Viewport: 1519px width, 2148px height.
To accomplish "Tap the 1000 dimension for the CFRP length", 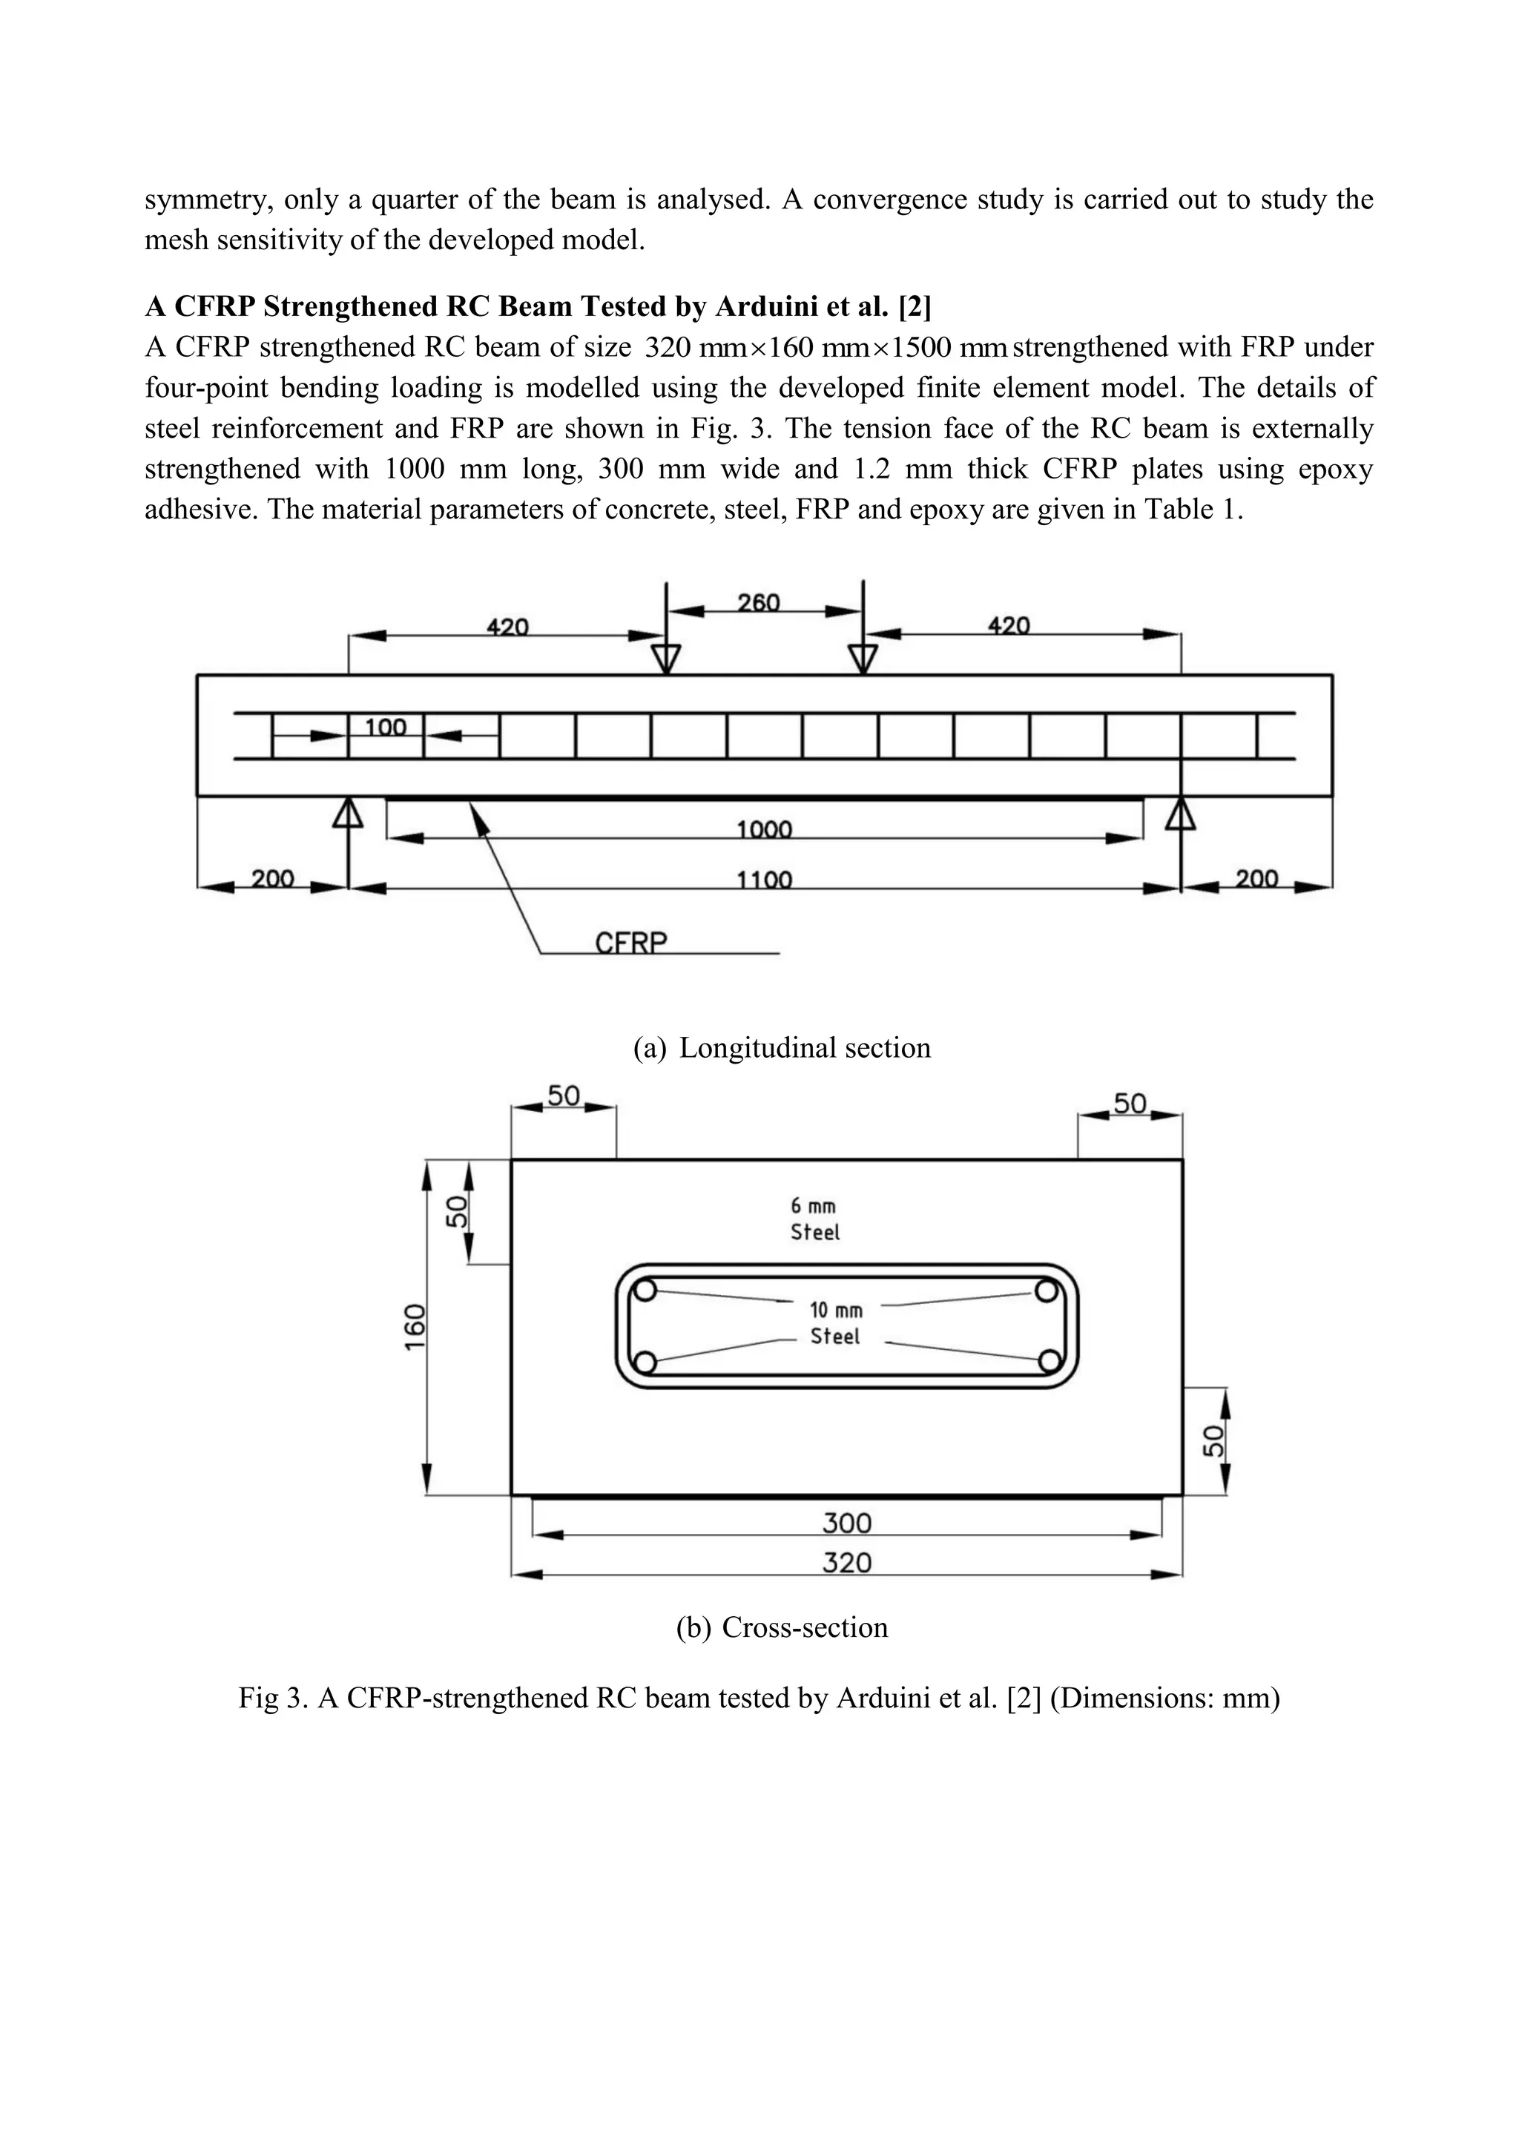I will (764, 830).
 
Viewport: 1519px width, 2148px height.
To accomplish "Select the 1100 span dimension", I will (764, 880).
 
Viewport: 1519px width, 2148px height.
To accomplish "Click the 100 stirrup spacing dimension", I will (386, 727).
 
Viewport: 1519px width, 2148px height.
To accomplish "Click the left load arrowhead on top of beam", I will (666, 659).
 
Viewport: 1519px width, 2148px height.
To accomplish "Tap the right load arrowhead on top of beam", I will (863, 659).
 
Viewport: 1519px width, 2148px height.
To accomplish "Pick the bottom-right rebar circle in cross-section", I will (1050, 1360).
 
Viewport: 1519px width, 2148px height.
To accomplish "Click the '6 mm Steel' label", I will (814, 1219).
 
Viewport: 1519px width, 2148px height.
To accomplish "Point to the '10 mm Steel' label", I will (835, 1323).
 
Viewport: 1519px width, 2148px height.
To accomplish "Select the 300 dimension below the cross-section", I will (846, 1523).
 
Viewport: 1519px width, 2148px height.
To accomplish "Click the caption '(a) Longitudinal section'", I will (782, 1048).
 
